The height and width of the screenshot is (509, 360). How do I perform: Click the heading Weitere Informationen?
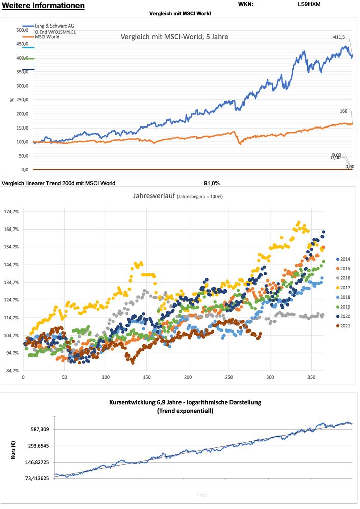(x=43, y=6)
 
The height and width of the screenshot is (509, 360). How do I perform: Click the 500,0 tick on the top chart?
(x=21, y=30)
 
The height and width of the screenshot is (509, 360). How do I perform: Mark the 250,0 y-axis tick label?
(x=21, y=100)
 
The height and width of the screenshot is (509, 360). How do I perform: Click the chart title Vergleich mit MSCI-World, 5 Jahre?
(x=174, y=37)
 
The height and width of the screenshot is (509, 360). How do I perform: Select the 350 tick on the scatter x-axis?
(x=311, y=378)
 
